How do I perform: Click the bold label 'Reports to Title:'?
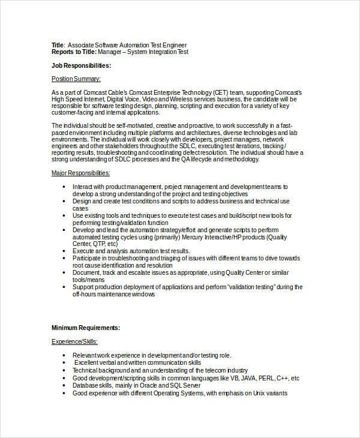pos(74,52)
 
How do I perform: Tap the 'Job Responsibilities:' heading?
pos(81,65)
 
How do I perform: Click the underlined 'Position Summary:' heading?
pos(76,79)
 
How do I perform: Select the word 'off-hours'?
pos(86,294)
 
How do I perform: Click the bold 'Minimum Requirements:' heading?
pos(86,328)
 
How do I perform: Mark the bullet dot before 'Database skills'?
pos(65,386)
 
